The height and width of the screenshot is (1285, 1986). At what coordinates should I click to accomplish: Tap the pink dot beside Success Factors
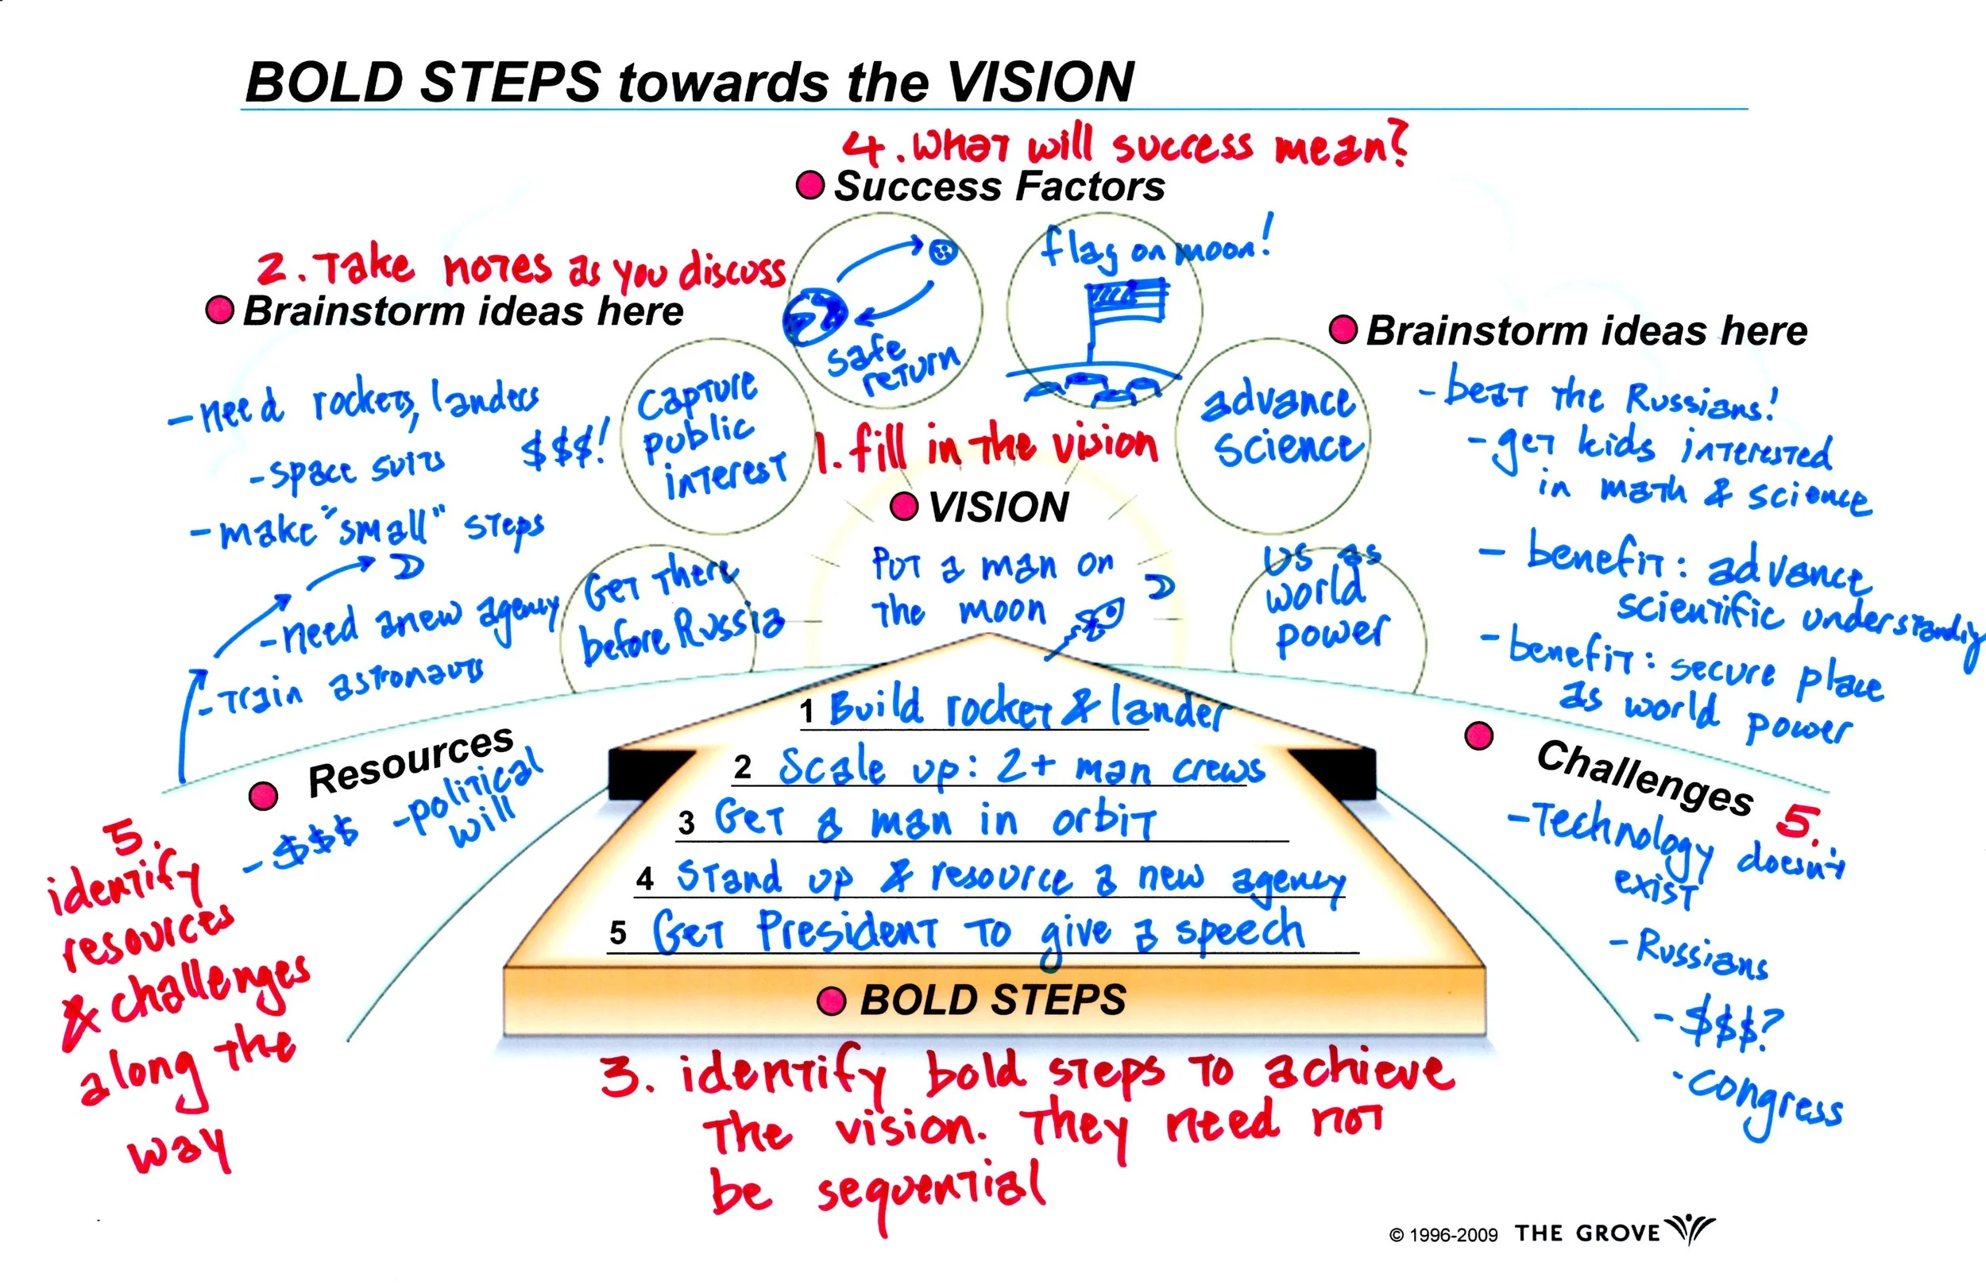809,184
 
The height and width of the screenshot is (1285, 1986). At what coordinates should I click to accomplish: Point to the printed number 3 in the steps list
686,824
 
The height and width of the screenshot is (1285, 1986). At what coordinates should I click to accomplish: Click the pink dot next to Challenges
1478,735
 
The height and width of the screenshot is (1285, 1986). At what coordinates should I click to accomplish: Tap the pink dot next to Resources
263,795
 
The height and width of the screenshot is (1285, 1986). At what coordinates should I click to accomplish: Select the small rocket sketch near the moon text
1097,622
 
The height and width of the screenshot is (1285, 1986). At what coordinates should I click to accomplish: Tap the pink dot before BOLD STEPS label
831,1001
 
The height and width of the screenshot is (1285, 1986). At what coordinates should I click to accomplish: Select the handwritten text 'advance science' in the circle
1281,426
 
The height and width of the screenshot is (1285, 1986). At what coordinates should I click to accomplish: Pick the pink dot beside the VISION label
904,507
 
